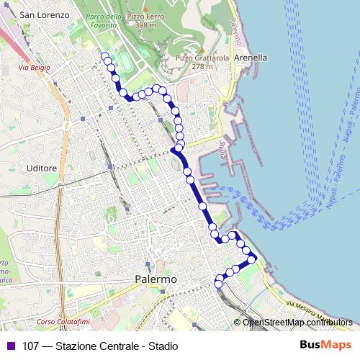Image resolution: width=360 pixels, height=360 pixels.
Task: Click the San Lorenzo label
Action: tap(44, 14)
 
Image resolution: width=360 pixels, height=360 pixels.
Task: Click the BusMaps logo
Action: tap(325, 345)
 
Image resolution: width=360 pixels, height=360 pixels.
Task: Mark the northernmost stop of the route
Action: tap(105, 55)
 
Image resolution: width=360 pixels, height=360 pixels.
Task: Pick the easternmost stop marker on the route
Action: tap(252, 258)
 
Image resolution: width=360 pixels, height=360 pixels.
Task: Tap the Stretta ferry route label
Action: tap(220, 149)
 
